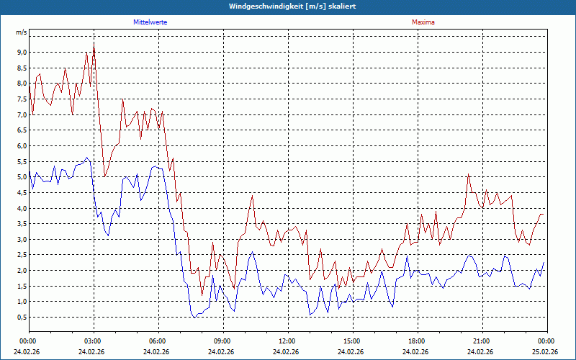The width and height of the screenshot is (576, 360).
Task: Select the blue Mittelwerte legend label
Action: (x=150, y=22)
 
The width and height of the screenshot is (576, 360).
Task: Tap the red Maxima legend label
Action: (x=423, y=22)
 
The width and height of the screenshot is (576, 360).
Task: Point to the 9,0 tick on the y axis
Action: (x=22, y=52)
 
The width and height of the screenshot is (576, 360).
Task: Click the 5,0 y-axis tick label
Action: (x=22, y=177)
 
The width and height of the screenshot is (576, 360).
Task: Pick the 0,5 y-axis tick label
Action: (x=22, y=318)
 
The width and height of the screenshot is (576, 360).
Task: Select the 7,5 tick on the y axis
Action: (x=22, y=99)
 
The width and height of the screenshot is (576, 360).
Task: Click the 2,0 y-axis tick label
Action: (x=22, y=271)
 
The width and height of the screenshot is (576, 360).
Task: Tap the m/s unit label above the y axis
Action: (x=22, y=32)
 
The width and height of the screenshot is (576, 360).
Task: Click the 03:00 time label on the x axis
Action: (x=93, y=341)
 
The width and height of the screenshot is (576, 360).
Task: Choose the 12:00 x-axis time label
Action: (x=287, y=341)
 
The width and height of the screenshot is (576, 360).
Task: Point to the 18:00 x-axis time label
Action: (x=417, y=341)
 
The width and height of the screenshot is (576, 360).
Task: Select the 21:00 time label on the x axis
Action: (x=482, y=341)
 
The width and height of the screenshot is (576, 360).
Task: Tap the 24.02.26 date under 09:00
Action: (x=222, y=352)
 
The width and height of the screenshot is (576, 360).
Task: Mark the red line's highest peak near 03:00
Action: (x=94, y=45)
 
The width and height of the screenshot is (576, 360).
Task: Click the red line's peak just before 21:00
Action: (x=468, y=174)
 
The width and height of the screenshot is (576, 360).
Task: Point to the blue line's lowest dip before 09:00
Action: (x=194, y=317)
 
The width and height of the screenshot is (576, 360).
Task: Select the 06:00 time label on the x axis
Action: (x=158, y=341)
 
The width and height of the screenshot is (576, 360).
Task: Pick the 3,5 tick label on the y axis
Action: (x=22, y=224)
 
